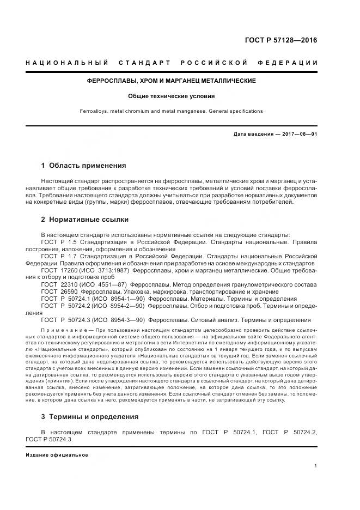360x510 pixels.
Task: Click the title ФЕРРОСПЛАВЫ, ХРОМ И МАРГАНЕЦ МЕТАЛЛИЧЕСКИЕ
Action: point(172,81)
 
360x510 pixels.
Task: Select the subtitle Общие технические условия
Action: point(172,96)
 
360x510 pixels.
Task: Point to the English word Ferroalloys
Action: point(93,111)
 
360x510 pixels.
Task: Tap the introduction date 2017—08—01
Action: point(298,134)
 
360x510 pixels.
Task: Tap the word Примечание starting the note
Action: point(61,331)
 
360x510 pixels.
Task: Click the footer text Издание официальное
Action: point(57,455)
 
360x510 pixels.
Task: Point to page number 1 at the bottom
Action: point(316,466)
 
